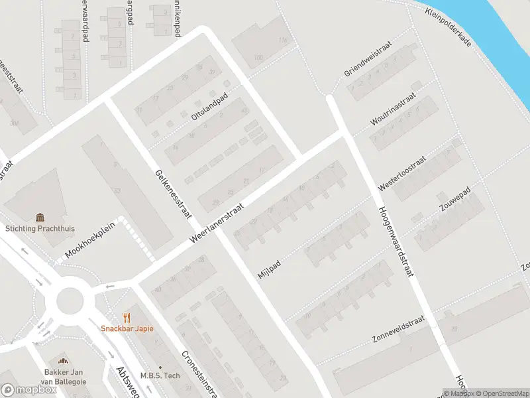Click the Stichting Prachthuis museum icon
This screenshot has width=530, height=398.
coord(41,217)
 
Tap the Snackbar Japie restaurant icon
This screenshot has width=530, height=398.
coord(127,317)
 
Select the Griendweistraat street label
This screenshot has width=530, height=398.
coord(368,61)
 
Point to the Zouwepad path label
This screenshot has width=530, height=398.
coord(454,198)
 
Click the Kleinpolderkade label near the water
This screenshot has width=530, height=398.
coord(449,29)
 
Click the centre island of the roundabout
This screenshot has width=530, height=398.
coord(70,300)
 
